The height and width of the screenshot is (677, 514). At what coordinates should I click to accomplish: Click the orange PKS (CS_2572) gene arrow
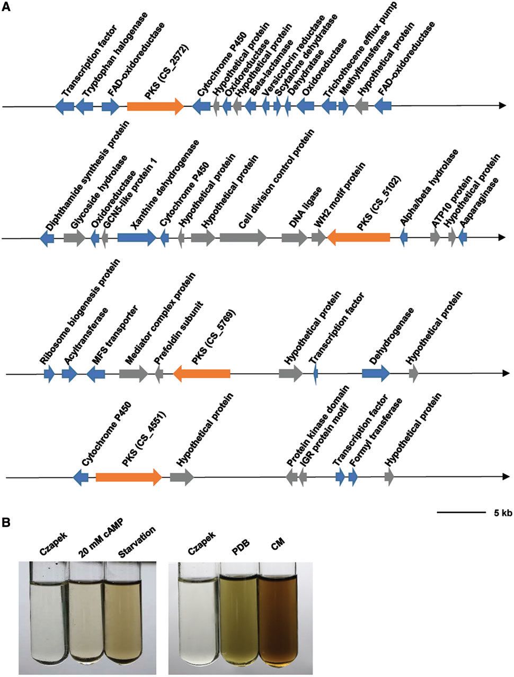(x=155, y=106)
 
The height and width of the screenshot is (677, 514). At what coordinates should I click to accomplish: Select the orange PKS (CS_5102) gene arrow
(x=358, y=239)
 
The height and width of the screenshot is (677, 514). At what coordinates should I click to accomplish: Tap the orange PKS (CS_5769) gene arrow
(x=201, y=374)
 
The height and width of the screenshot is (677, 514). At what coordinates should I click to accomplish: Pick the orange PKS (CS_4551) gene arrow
(x=128, y=477)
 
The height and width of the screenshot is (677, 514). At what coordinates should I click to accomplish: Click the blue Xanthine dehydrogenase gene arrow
(x=136, y=238)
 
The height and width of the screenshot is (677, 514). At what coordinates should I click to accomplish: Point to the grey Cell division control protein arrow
(x=243, y=238)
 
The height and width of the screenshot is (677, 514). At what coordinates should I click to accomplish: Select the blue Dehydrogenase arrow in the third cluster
(x=376, y=374)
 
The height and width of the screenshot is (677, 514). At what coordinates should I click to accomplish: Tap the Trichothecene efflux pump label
(x=360, y=58)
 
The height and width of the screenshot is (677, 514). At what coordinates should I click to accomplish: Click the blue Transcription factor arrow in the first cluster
(x=66, y=106)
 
